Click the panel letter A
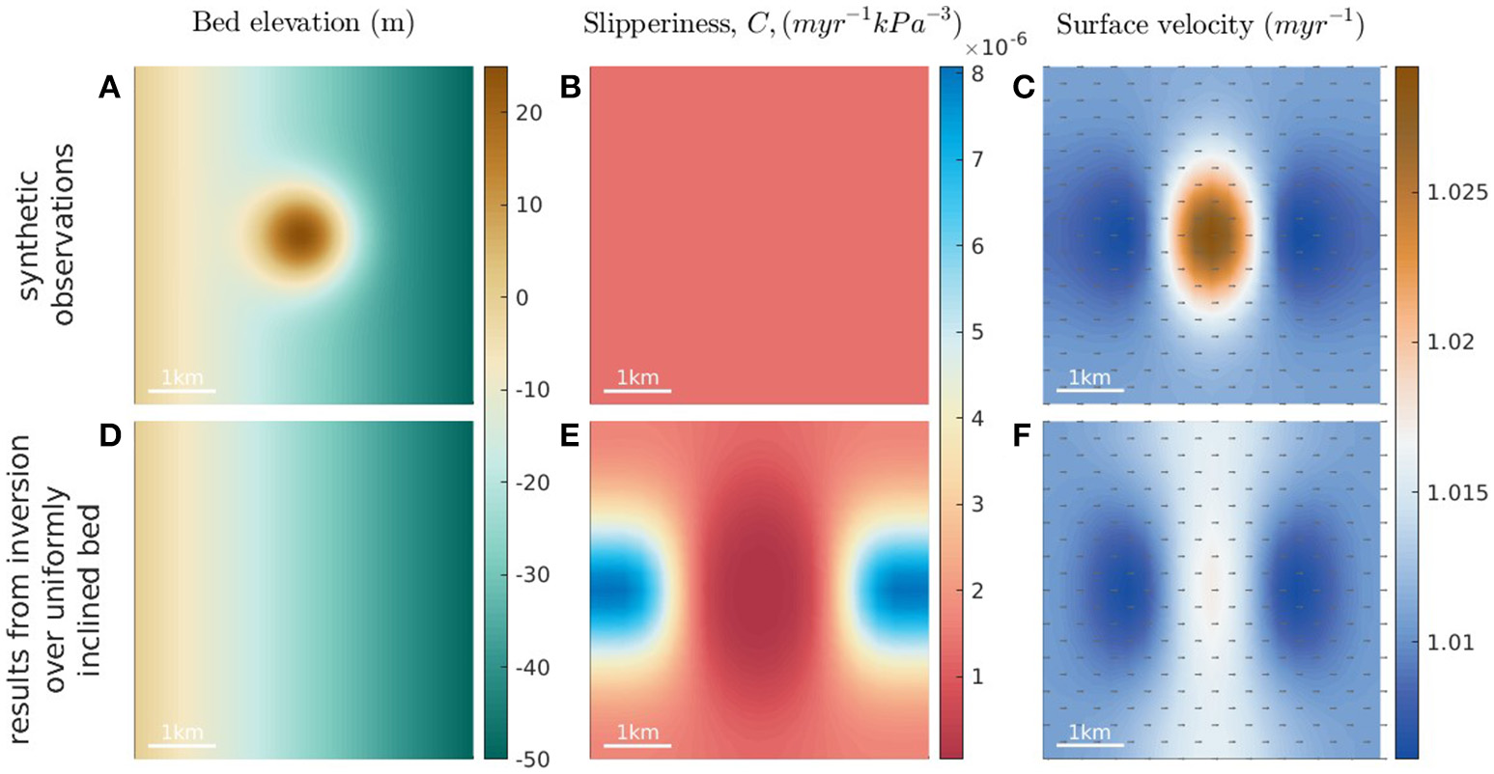tap(109, 88)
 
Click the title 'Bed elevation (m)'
tap(303, 24)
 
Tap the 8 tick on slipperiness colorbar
tap(977, 72)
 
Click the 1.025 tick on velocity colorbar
tap(1456, 193)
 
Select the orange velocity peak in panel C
tap(1210, 233)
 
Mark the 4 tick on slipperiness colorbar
tap(977, 418)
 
